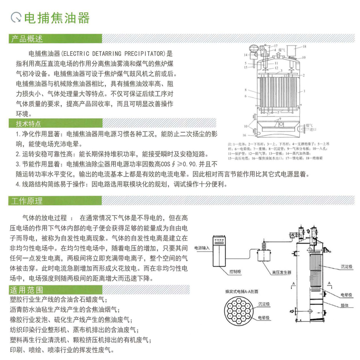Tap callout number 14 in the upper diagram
[246, 55]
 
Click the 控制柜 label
[235, 272]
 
